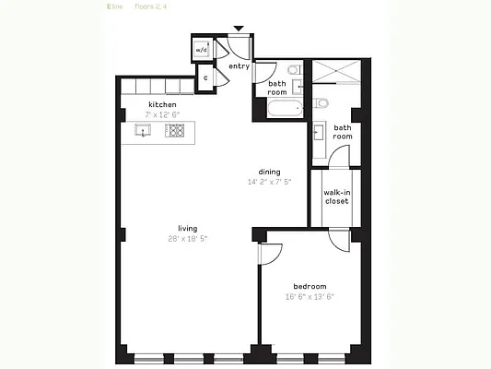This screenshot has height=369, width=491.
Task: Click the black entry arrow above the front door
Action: click(x=239, y=30)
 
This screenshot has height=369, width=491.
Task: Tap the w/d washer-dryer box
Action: click(x=203, y=49)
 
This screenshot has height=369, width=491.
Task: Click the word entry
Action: click(x=239, y=65)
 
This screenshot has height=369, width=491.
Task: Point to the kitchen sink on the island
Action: click(x=144, y=131)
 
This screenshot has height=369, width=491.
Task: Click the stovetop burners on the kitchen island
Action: click(x=175, y=131)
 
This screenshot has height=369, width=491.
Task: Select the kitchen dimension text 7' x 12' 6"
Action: click(x=162, y=114)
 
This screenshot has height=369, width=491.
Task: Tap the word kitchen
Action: click(x=162, y=104)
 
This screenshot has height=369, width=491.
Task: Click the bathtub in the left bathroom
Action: click(x=280, y=110)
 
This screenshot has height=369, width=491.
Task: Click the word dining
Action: click(x=269, y=172)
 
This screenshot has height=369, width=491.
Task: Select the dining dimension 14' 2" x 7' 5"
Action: click(x=269, y=182)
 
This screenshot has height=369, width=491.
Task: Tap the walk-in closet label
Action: click(x=336, y=196)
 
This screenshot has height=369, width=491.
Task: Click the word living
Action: click(x=188, y=228)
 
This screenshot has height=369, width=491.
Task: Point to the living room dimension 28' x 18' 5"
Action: click(x=188, y=239)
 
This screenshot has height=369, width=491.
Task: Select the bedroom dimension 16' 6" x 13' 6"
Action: click(x=310, y=296)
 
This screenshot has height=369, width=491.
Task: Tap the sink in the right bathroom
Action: click(x=319, y=130)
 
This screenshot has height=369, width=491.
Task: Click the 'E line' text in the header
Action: click(x=115, y=7)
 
